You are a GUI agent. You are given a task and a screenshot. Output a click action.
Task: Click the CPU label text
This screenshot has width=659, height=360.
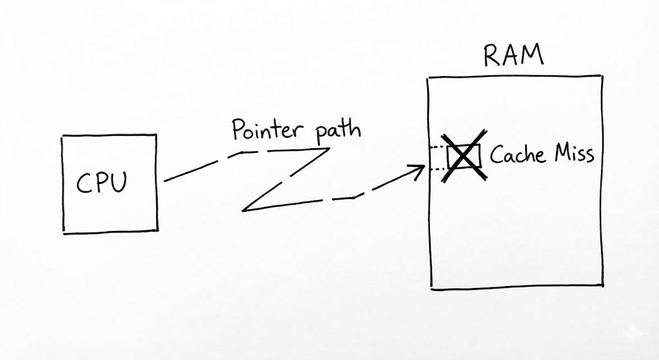coord(102,183)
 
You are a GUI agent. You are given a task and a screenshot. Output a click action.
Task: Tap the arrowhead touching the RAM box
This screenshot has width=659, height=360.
coord(419,170)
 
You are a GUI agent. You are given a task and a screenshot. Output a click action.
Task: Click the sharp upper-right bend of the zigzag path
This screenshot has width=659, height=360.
coord(329,149)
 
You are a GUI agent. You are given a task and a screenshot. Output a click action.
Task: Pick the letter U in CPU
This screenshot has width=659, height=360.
coord(118,183)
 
